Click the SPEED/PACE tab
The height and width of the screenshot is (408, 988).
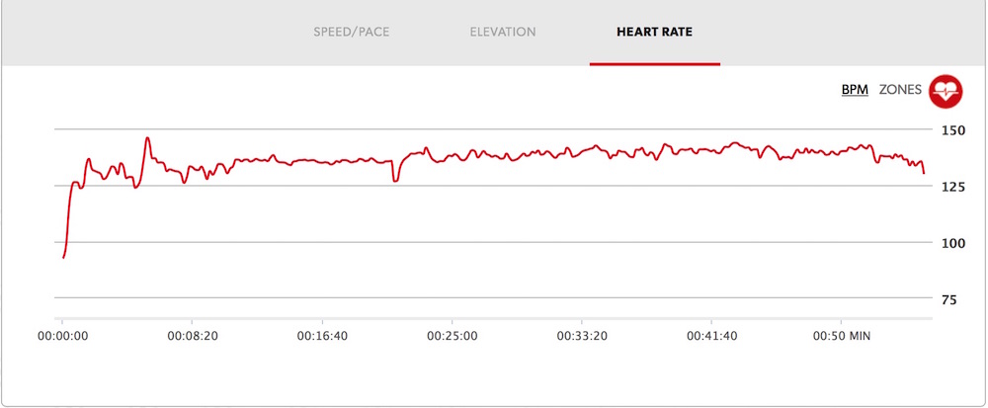[352, 32]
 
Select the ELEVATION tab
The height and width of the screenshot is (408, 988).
[503, 32]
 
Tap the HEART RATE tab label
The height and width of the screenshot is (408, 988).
[654, 32]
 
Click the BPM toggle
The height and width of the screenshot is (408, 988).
[855, 90]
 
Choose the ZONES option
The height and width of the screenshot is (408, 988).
[899, 90]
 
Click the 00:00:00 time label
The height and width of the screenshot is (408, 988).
[61, 336]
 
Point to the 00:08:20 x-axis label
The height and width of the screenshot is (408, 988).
[192, 336]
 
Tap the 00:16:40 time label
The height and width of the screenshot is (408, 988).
[322, 336]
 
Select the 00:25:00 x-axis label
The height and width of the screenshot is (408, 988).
[452, 336]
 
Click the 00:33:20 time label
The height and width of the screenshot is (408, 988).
[582, 336]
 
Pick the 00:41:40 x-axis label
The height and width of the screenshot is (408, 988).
[712, 336]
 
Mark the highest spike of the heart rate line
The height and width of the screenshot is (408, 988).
[147, 138]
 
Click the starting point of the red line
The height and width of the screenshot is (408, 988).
[63, 257]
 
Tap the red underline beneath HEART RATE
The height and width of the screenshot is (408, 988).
[654, 64]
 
